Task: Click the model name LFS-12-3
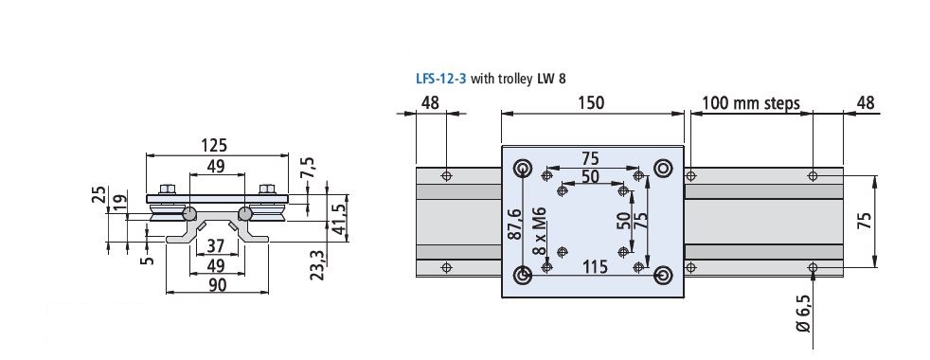(441, 80)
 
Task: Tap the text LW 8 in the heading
(554, 80)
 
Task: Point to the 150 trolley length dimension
(591, 102)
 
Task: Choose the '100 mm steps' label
(753, 102)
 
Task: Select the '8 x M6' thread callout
(538, 230)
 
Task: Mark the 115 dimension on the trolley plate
(594, 266)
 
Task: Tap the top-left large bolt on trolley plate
(522, 169)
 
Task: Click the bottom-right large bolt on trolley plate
(663, 275)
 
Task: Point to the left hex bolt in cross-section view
(167, 189)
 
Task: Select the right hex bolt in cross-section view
(266, 189)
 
